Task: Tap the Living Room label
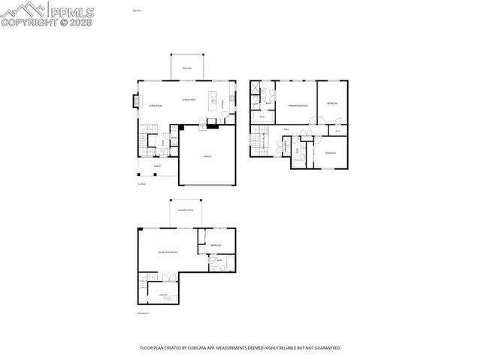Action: tap(156, 106)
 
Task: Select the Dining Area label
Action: tap(189, 100)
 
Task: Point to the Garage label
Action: tap(207, 156)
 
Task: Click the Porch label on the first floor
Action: tap(157, 165)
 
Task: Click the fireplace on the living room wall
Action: tap(136, 100)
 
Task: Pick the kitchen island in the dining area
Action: tap(213, 101)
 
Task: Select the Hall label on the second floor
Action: tap(287, 130)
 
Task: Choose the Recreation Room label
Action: tap(168, 252)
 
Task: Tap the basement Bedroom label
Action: tap(216, 246)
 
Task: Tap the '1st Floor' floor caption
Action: tap(141, 184)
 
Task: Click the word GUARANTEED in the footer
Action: tap(325, 348)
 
